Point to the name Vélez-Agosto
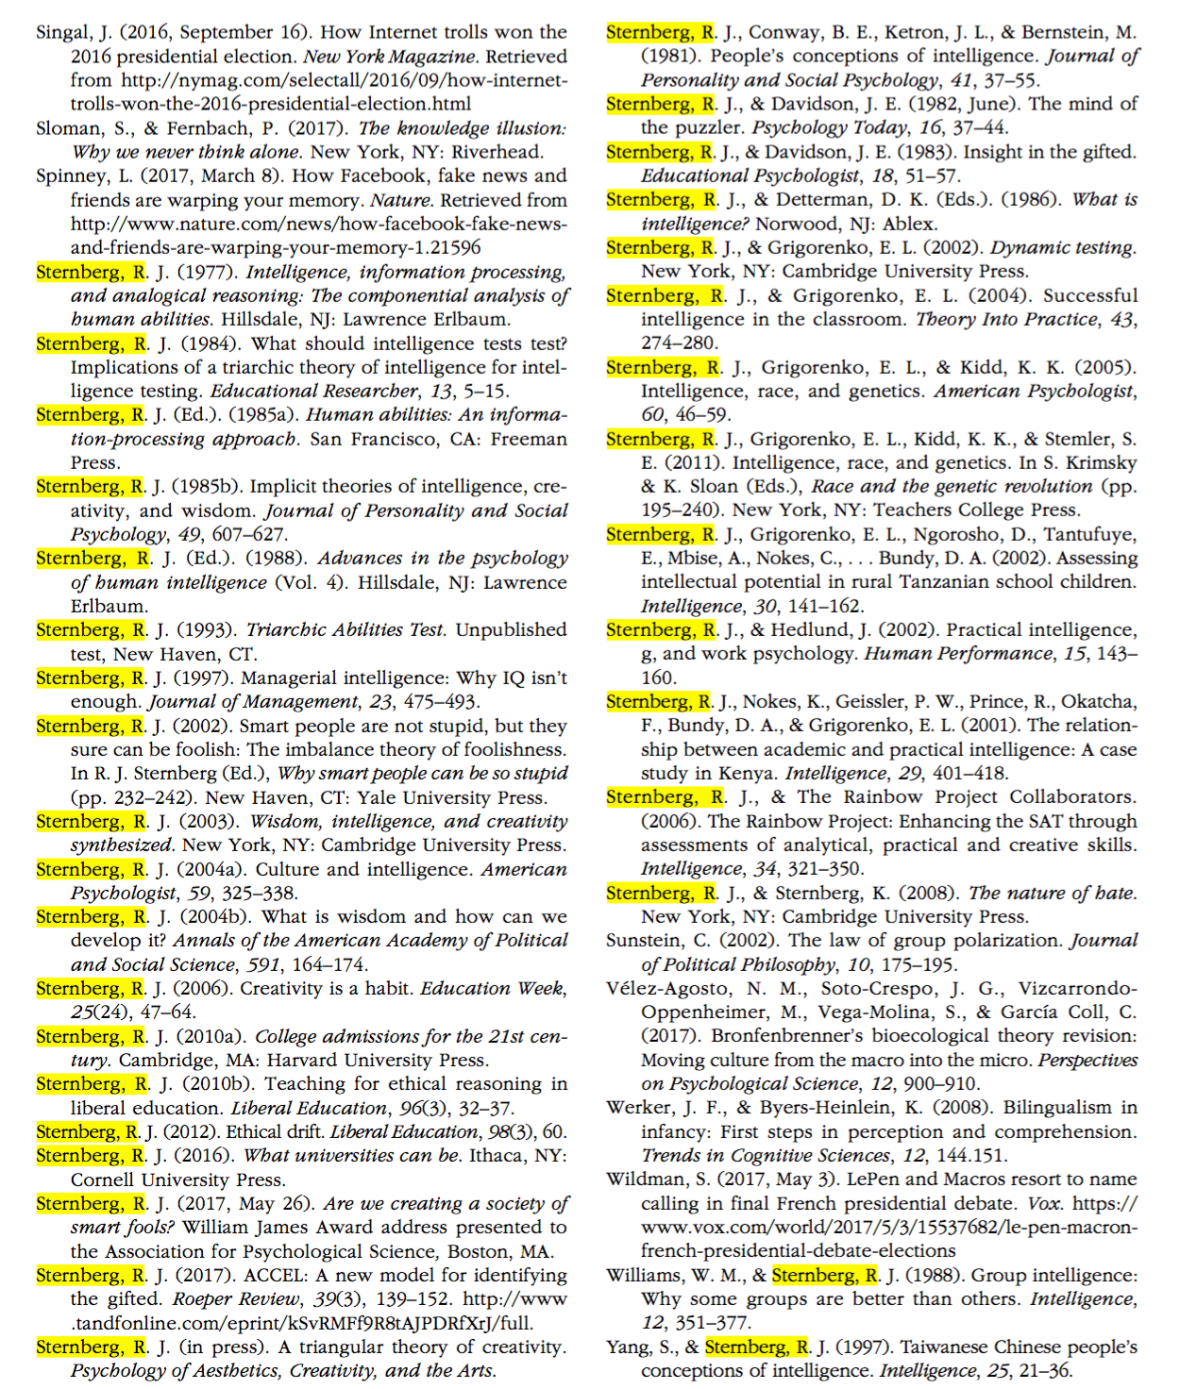coord(668,988)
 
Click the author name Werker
coord(635,1108)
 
